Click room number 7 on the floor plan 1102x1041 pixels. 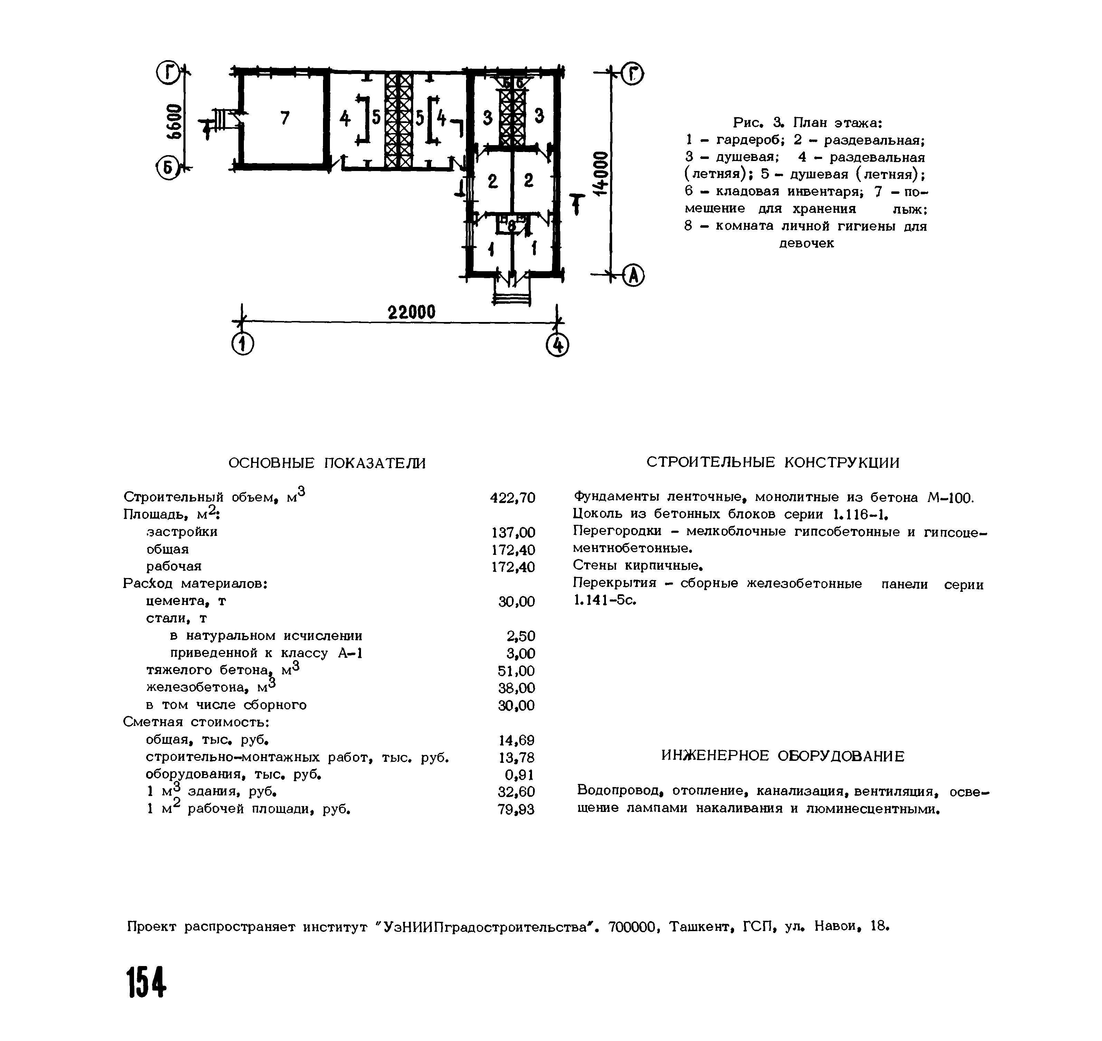tap(285, 118)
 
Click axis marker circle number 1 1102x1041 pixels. tap(243, 345)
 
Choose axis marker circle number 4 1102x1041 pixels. tap(558, 346)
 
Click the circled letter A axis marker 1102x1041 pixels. tap(633, 275)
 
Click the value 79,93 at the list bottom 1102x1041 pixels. tap(516, 810)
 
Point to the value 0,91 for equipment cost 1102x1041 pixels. tap(520, 775)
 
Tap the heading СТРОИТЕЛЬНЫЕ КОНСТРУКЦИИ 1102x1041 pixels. tap(773, 462)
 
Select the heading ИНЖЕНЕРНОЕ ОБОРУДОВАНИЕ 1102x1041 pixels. tap(782, 756)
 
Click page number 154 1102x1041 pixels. tap(146, 982)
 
